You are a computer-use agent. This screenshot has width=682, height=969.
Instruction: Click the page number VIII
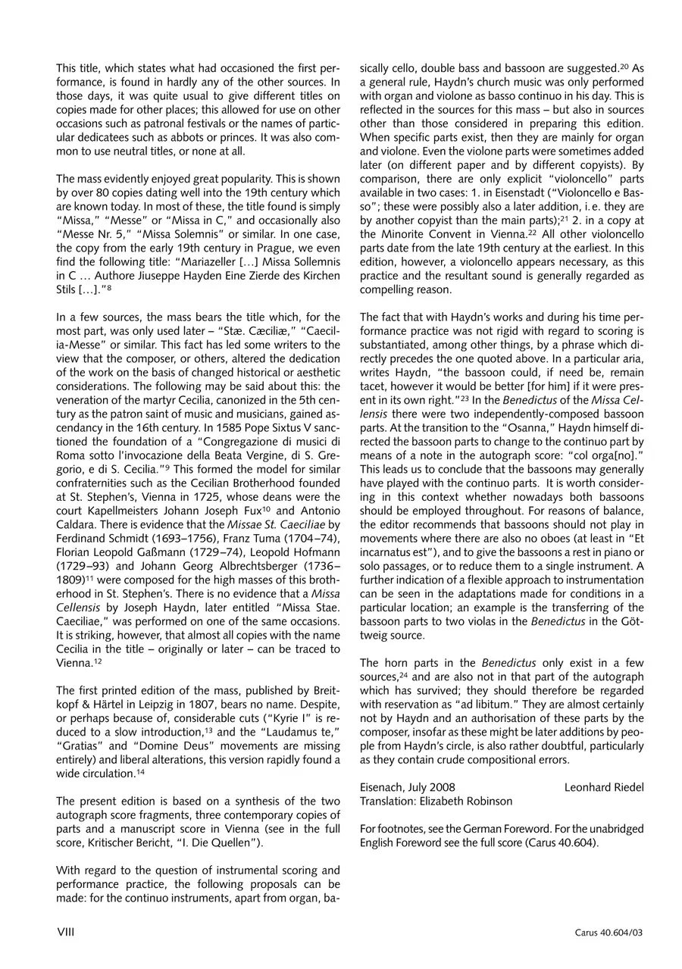point(65,931)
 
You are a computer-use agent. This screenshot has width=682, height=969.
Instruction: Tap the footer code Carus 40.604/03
point(608,933)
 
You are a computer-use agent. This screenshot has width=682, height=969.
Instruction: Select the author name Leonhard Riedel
point(603,787)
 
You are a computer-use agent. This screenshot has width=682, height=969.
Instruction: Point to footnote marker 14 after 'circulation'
point(140,771)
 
